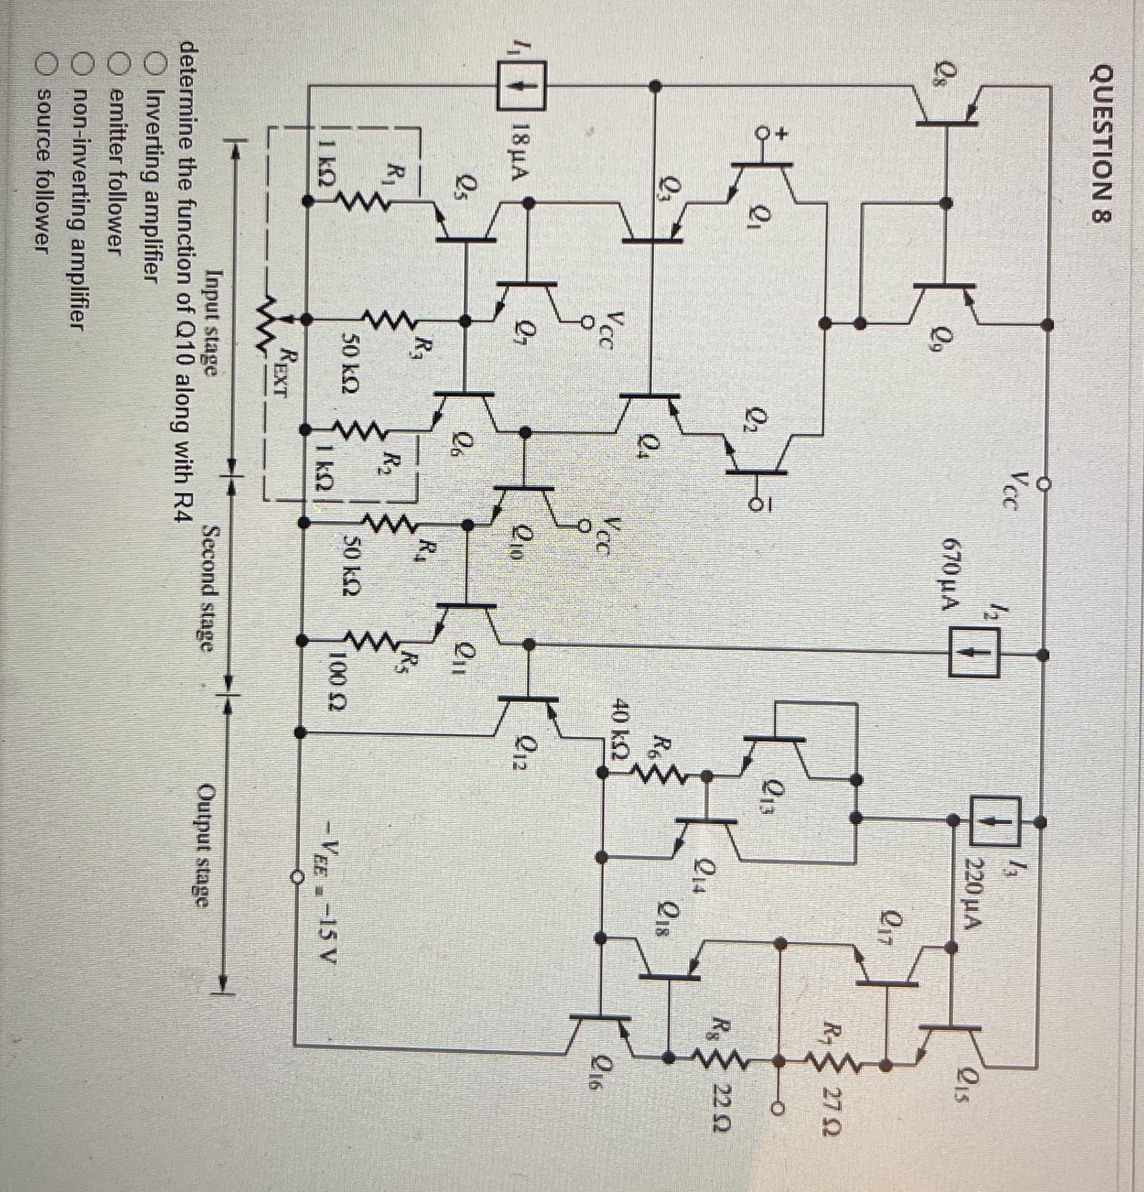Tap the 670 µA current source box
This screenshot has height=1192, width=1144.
[x=974, y=654]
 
